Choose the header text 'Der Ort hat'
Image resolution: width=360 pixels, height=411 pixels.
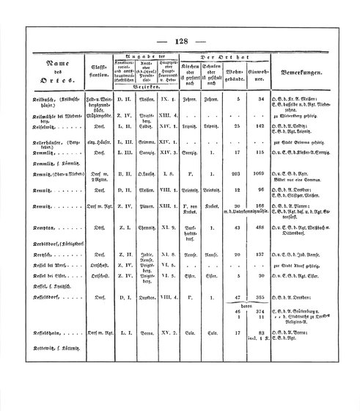pyautogui.click(x=210, y=57)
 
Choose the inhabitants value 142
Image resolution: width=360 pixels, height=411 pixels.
pyautogui.click(x=257, y=145)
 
